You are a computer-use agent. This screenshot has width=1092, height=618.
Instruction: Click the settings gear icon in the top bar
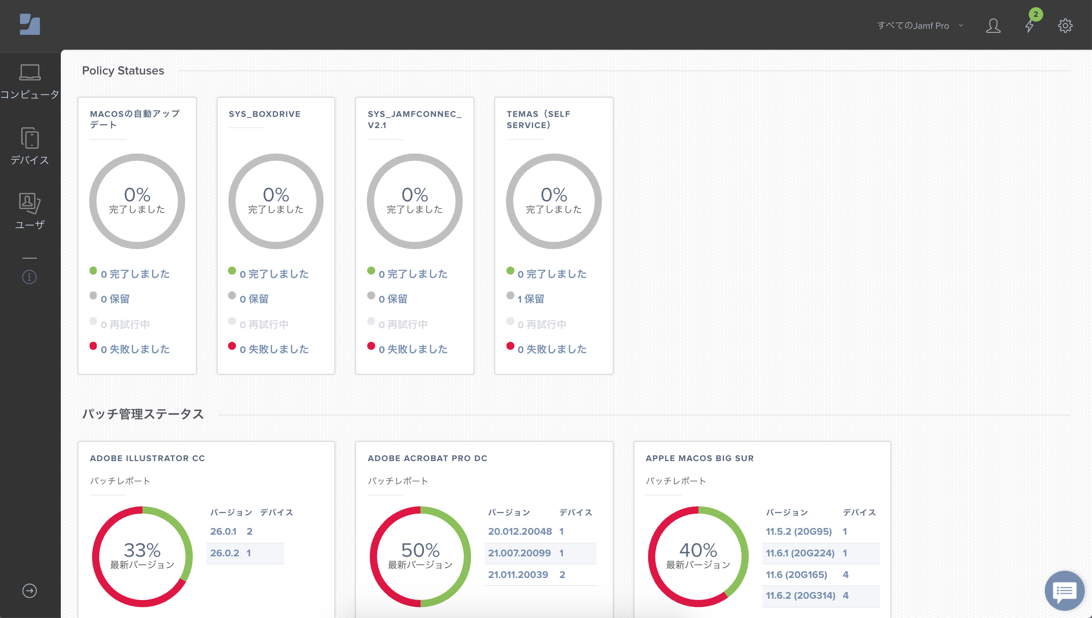[1065, 26]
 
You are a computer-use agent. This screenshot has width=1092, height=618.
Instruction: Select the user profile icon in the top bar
[993, 26]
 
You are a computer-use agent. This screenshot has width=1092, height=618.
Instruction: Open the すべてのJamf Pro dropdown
[920, 26]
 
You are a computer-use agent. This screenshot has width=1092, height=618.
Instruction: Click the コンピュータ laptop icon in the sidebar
[30, 72]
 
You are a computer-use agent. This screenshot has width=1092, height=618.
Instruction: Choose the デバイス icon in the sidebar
[30, 138]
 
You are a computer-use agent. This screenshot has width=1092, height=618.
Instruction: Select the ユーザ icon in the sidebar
[30, 203]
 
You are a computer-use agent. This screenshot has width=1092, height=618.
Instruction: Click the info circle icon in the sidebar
[29, 277]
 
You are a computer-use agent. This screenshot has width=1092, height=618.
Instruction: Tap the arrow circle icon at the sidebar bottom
[29, 590]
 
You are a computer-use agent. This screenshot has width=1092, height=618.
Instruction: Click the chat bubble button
[1064, 590]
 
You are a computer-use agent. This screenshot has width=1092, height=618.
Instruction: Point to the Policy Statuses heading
[123, 70]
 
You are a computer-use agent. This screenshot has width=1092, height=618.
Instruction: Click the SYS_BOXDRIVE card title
[265, 114]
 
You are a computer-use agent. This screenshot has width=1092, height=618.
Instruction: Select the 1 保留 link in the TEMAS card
[530, 299]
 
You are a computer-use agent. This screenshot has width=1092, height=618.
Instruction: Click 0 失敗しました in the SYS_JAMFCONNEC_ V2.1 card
[413, 349]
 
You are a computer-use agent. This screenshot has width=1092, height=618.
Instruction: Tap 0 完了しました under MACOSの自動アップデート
[135, 274]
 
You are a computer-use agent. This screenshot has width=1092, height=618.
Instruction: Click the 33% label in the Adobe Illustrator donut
[142, 550]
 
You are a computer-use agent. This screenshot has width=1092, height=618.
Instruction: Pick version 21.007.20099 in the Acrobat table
[519, 553]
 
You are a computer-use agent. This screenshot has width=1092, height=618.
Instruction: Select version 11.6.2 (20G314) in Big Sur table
[800, 595]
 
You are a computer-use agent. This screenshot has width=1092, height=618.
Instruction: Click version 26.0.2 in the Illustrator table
[224, 553]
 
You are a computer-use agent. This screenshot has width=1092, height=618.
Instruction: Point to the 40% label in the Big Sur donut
[698, 550]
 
